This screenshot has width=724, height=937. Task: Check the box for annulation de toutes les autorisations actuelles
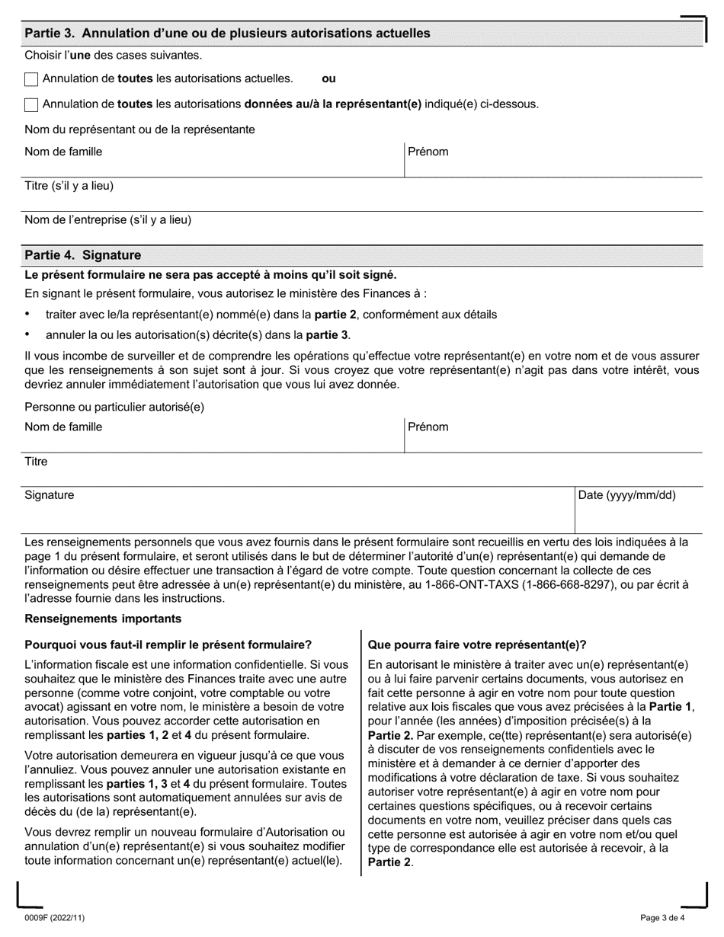pyautogui.click(x=31, y=79)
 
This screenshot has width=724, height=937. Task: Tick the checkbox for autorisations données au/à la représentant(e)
pyautogui.click(x=31, y=105)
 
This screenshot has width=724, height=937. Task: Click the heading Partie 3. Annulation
pyautogui.click(x=227, y=34)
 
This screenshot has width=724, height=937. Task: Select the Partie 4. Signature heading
pyautogui.click(x=83, y=256)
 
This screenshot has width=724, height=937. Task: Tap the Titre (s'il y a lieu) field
pyautogui.click(x=362, y=193)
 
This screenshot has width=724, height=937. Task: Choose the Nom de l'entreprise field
pyautogui.click(x=362, y=228)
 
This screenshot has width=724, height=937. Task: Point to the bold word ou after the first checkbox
pyautogui.click(x=328, y=78)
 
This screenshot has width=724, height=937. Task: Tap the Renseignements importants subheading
pyautogui.click(x=104, y=619)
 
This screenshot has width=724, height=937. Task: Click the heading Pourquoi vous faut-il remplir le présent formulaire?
pyautogui.click(x=168, y=644)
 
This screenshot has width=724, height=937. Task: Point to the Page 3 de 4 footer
pyautogui.click(x=663, y=919)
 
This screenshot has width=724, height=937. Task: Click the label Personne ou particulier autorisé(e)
pyautogui.click(x=114, y=408)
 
